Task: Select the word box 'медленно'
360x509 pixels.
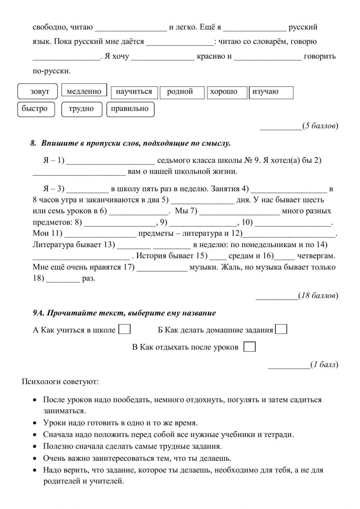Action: tap(84, 91)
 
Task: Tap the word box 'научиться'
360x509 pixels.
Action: tap(134, 92)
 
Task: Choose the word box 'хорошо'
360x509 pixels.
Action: tap(226, 92)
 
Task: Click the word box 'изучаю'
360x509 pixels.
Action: tap(272, 92)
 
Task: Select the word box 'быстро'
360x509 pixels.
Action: tap(36, 109)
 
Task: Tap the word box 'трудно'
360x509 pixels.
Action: tap(82, 109)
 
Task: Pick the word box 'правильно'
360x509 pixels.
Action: tap(130, 109)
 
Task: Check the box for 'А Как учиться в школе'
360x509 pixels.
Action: tap(125, 329)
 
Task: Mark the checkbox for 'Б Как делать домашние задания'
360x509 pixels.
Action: tap(281, 329)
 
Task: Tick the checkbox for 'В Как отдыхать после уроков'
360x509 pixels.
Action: tap(249, 347)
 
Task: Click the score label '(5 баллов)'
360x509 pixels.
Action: tap(320, 126)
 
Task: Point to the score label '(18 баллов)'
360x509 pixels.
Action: tap(318, 296)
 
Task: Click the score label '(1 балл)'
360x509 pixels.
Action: tap(324, 365)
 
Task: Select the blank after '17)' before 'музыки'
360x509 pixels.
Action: tap(162, 267)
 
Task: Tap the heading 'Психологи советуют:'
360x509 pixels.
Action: tap(60, 381)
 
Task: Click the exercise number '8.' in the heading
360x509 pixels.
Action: tap(33, 143)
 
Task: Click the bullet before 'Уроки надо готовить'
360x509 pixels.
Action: tap(35, 423)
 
